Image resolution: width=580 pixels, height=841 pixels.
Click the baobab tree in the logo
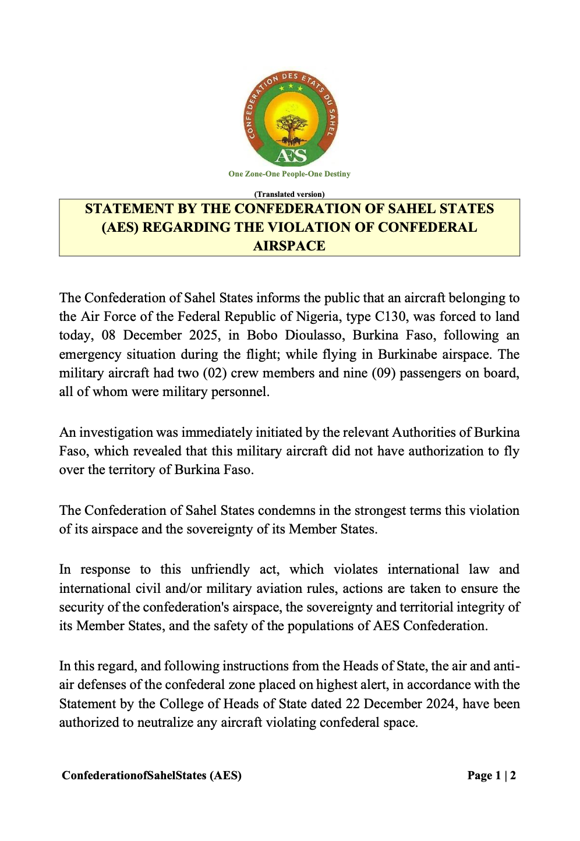pos(289,127)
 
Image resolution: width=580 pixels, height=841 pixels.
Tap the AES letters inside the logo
pos(290,156)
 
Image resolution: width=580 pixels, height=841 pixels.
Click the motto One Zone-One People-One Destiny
pos(289,174)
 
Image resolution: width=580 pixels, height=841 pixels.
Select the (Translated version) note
pos(289,194)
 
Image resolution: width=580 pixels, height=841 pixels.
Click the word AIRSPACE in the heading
pos(289,246)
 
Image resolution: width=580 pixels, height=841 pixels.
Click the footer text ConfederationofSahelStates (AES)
pos(151,775)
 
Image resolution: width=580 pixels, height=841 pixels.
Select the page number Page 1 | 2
pos(491,775)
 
